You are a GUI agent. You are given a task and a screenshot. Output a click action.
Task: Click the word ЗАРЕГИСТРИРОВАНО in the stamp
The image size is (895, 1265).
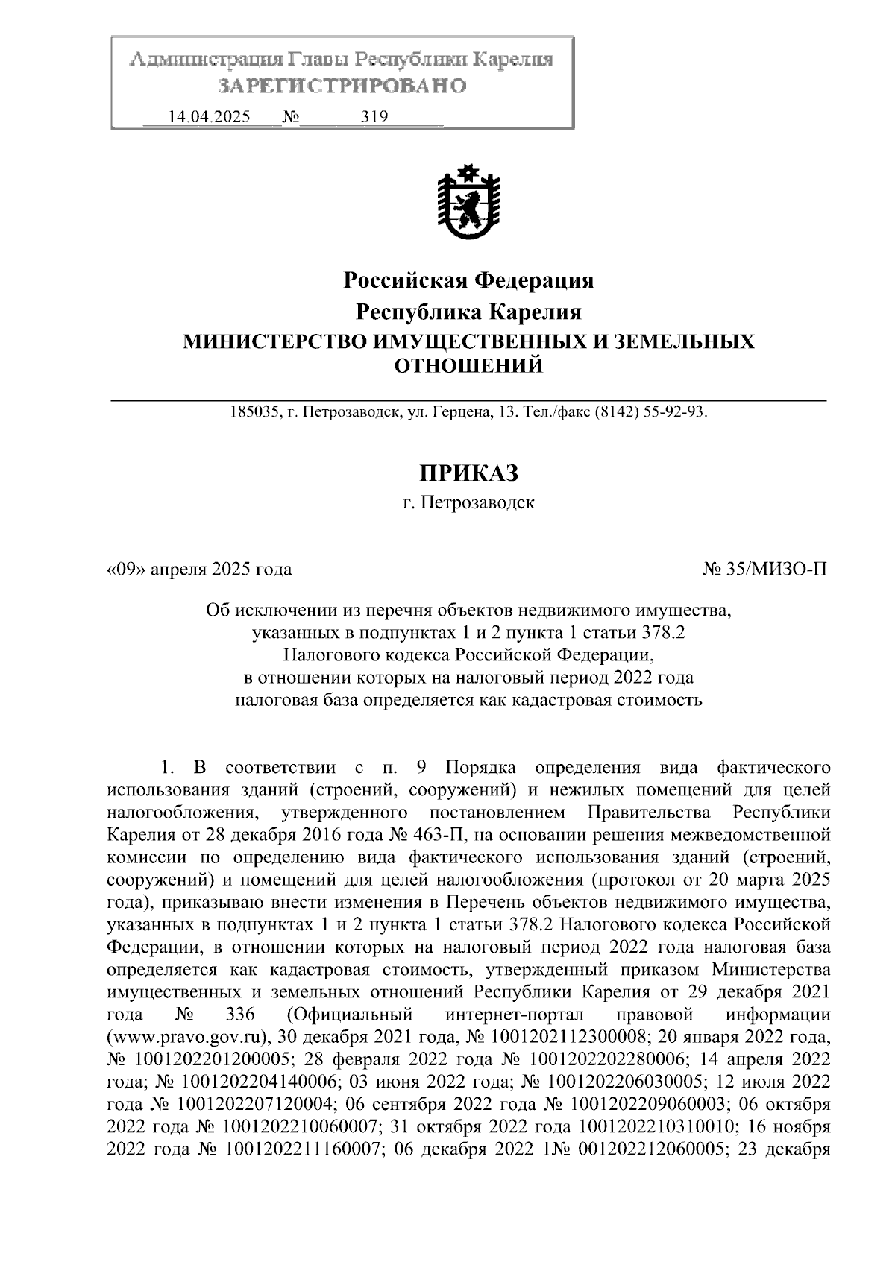coord(342,86)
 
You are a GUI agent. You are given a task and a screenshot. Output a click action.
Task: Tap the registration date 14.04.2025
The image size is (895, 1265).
coord(210,117)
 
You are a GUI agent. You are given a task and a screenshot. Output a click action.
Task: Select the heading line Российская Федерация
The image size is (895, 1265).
coord(468,281)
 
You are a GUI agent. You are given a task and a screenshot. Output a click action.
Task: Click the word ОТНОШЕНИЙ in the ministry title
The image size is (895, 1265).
coord(468,365)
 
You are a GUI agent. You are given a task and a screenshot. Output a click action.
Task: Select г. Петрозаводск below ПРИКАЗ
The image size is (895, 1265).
coord(468,503)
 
